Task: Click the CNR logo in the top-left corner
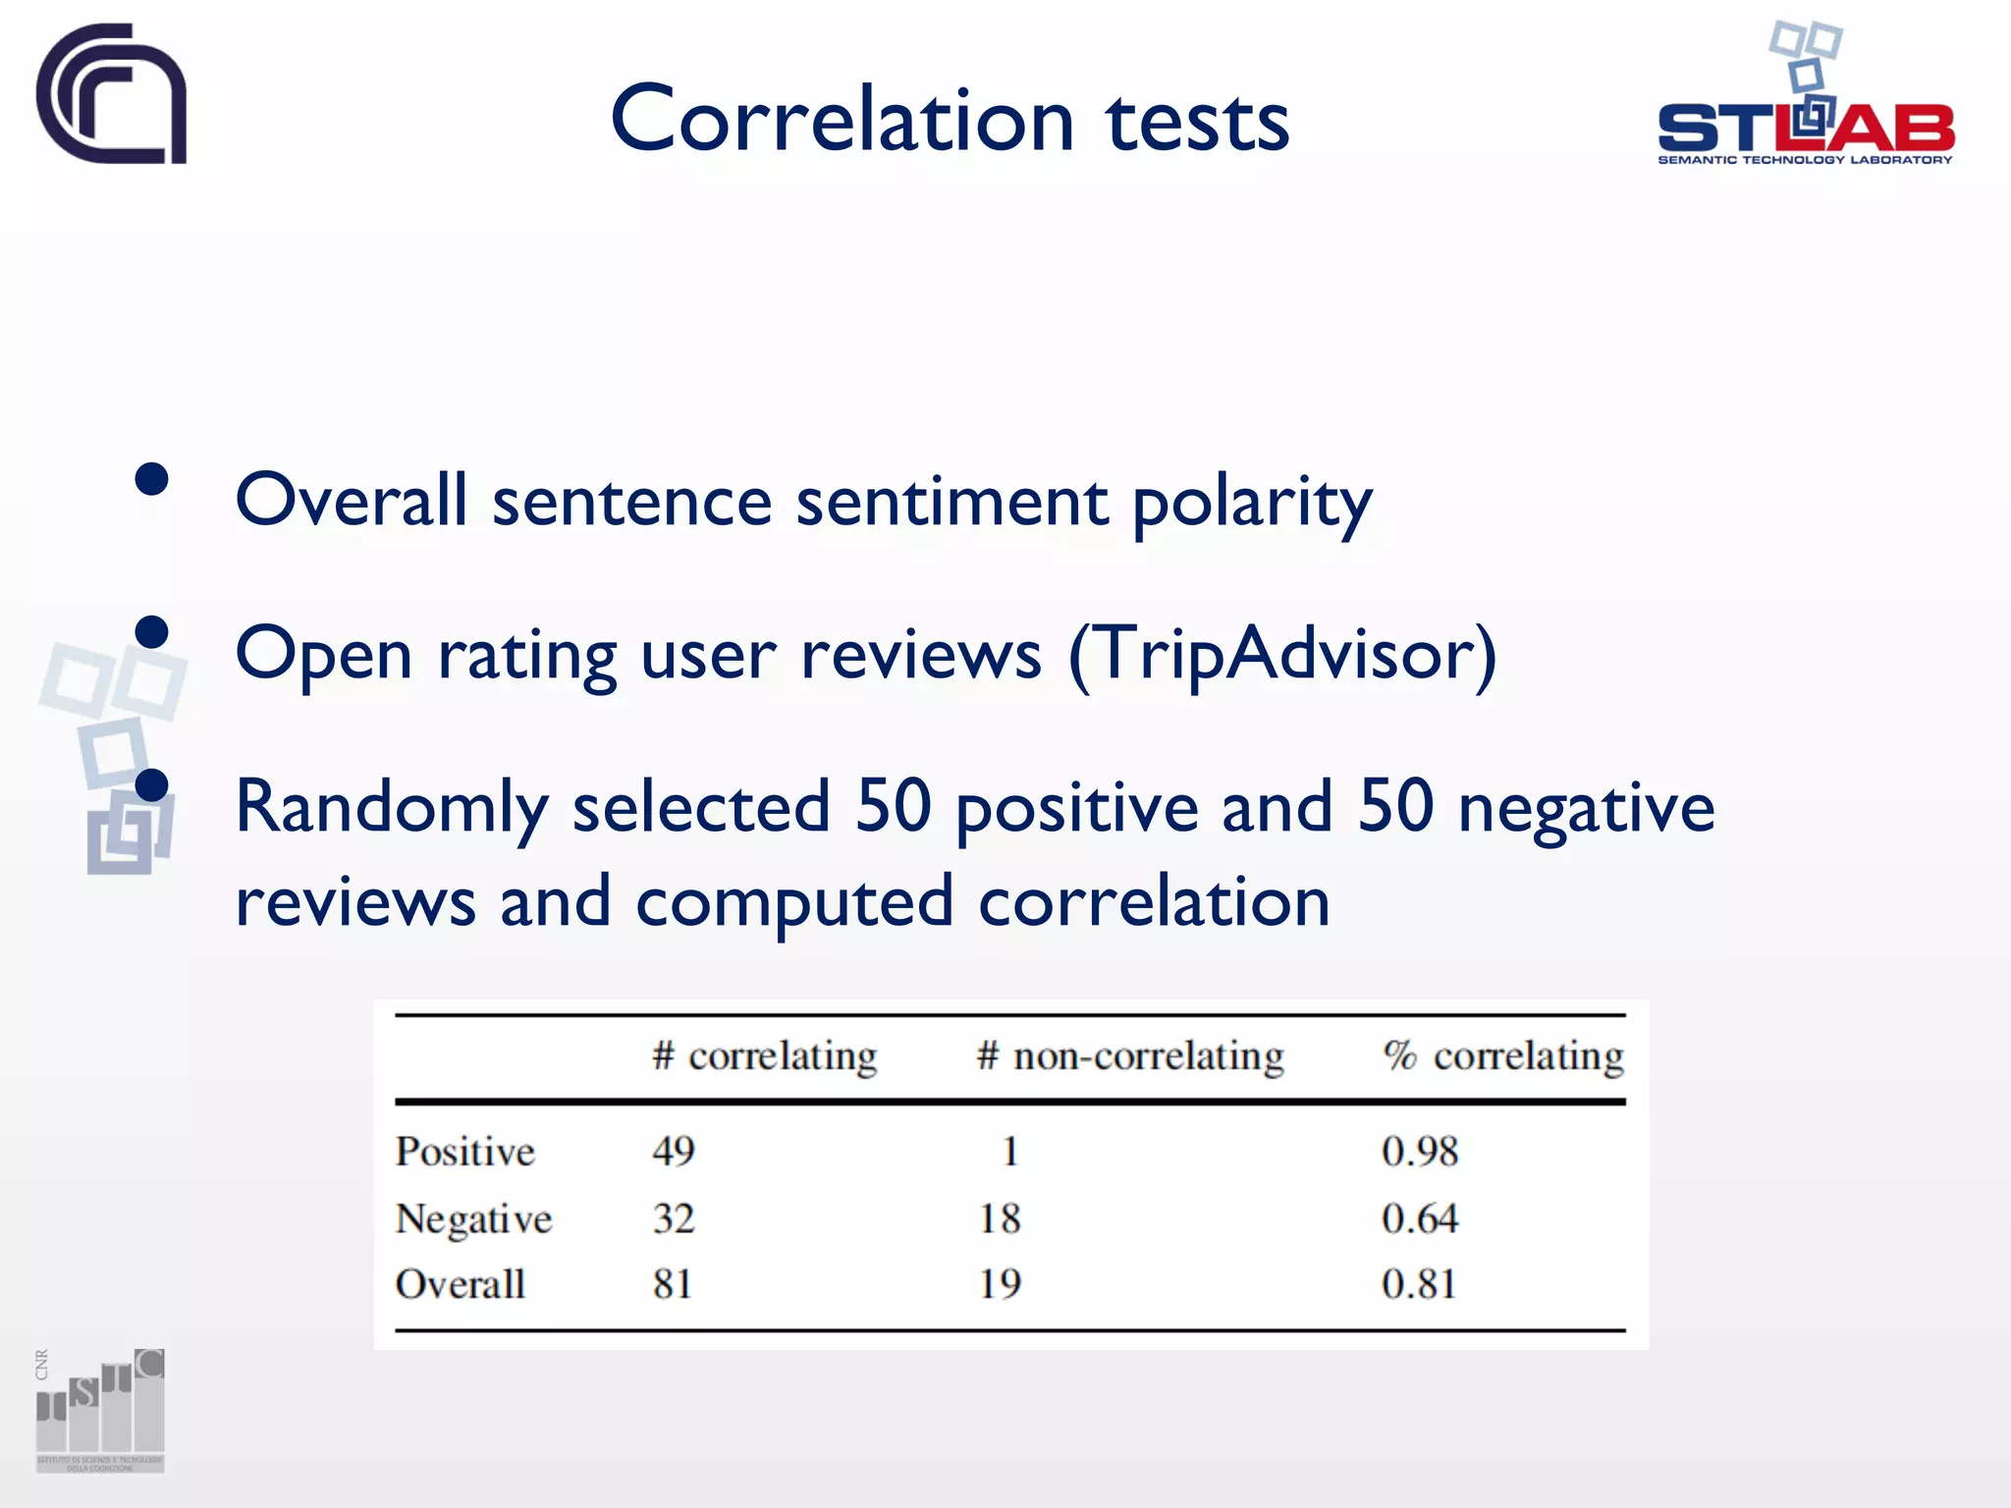coord(111,94)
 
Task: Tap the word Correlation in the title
coord(842,120)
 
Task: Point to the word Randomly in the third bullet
coord(391,807)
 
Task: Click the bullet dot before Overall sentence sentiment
coord(152,480)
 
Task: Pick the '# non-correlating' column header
coord(1129,1056)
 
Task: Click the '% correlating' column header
coord(1503,1056)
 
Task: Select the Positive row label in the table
coord(464,1152)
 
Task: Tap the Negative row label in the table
coord(473,1219)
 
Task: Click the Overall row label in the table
coord(460,1284)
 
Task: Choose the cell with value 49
coord(674,1151)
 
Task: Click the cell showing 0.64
coord(1419,1218)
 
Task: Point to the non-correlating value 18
coord(1000,1218)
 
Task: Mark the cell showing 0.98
coord(1419,1151)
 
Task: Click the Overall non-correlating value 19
coord(1000,1284)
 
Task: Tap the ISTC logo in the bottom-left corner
coord(100,1410)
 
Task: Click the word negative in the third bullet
coord(1586,807)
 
